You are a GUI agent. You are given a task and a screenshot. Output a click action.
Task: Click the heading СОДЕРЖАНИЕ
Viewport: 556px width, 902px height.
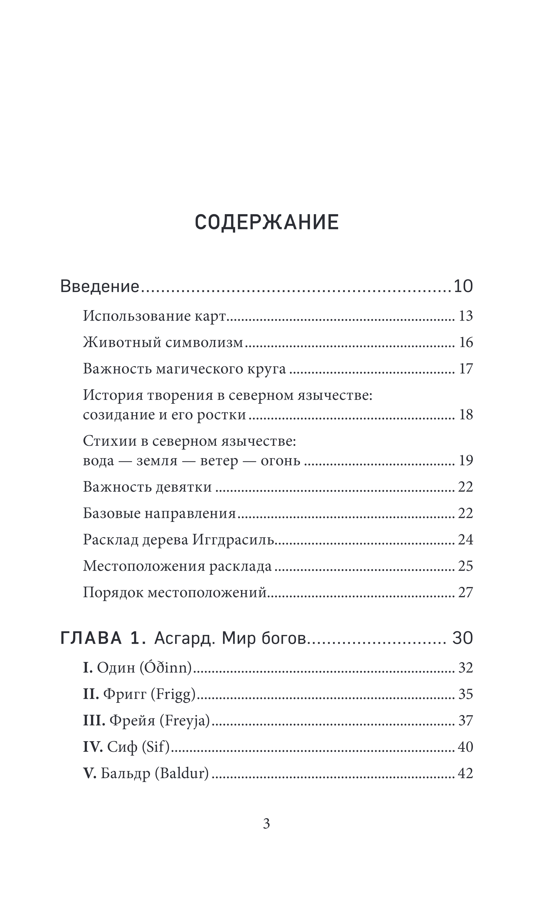tap(267, 222)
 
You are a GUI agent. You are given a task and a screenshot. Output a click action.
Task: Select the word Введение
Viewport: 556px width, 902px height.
tap(100, 286)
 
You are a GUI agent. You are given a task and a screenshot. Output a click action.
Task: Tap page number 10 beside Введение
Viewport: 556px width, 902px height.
tap(463, 286)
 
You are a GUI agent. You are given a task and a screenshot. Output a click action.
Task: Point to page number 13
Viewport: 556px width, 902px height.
tap(466, 316)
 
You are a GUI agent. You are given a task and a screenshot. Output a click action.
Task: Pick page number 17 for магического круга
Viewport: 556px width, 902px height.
tap(466, 369)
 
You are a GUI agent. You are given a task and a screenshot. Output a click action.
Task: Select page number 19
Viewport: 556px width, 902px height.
tap(466, 461)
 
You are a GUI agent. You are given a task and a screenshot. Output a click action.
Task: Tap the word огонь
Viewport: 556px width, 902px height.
tap(281, 461)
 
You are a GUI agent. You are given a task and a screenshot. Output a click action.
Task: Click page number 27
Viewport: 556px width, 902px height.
tap(466, 592)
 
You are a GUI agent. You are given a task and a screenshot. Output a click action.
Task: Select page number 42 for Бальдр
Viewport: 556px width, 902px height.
tap(466, 773)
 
